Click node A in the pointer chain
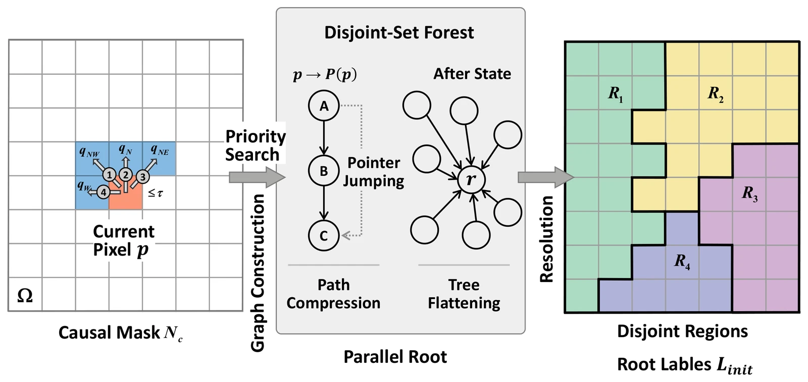(324, 106)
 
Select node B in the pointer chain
(324, 170)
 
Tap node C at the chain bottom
(324, 235)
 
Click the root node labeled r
(471, 179)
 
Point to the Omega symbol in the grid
(25, 296)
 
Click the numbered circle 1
(109, 175)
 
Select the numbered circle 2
(126, 175)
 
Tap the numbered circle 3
(143, 177)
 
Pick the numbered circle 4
(104, 192)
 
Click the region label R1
(616, 94)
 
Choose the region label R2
(715, 94)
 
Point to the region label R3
(749, 194)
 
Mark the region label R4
(682, 261)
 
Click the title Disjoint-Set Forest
(399, 32)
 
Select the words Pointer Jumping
(373, 172)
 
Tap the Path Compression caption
(333, 294)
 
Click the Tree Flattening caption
(464, 294)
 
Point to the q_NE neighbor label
(160, 150)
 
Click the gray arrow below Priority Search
(257, 177)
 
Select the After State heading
(472, 74)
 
